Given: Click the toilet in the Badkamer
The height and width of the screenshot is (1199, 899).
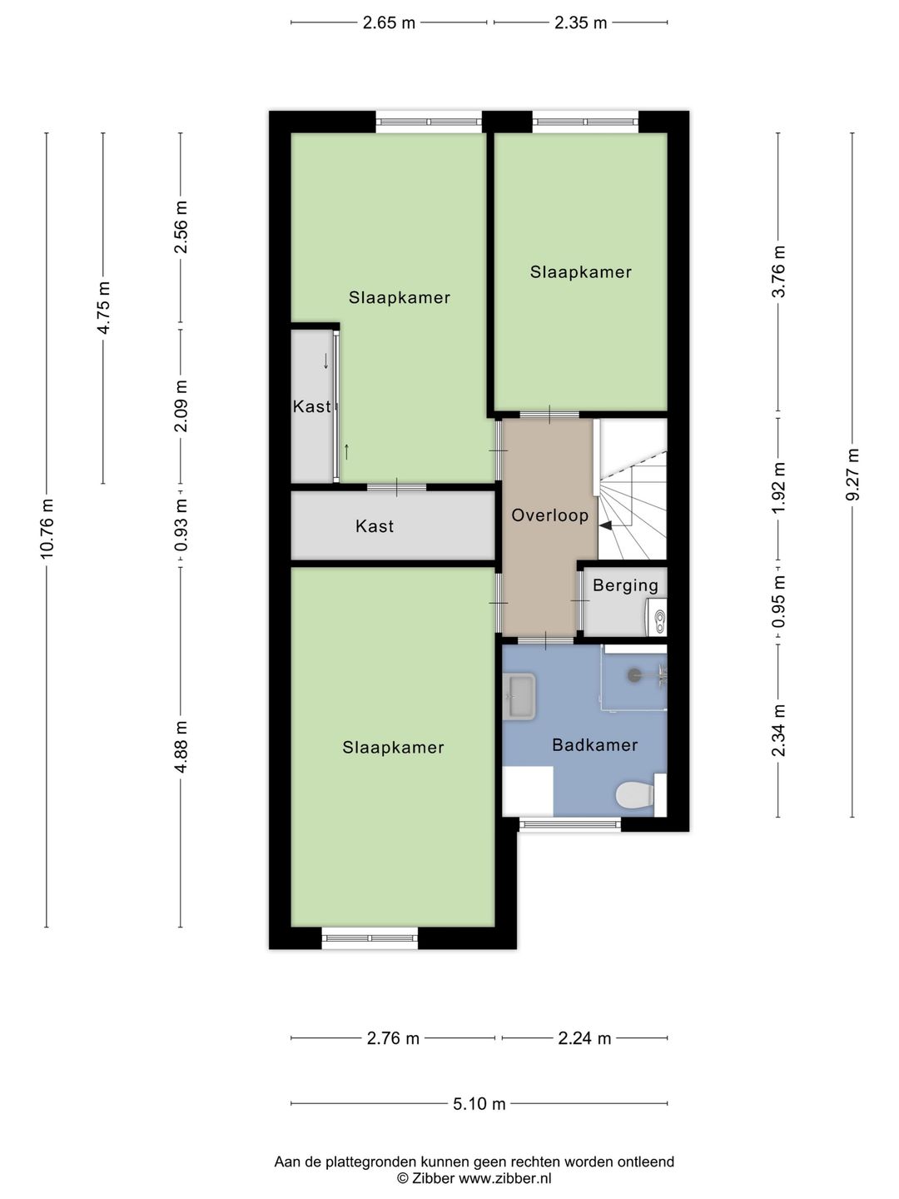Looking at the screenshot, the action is pos(638,795).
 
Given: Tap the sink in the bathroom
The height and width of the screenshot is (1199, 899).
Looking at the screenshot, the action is pos(519,696).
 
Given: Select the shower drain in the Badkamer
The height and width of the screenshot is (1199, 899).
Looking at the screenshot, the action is pos(633,675).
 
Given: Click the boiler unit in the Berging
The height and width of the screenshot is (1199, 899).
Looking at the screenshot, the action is pos(657,617).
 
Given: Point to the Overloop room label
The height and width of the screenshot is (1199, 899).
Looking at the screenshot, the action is pos(549,515).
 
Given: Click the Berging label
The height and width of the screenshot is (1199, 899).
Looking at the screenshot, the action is pos(625,585).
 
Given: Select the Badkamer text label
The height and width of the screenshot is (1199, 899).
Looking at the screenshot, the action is pos(595,744).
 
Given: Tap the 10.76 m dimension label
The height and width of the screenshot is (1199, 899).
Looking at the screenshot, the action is pos(47,529).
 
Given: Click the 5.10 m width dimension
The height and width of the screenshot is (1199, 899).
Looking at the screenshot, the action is pos(479,1103).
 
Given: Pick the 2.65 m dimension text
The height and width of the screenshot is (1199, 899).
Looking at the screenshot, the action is pos(390,23).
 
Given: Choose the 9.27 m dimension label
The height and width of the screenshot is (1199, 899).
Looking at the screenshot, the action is pos(852,474).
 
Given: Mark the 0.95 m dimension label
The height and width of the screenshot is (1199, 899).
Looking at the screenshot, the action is pos(779,602).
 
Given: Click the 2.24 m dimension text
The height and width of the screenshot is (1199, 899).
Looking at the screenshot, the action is pos(584,1037).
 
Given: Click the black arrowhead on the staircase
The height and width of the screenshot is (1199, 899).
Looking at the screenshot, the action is pos(607,525).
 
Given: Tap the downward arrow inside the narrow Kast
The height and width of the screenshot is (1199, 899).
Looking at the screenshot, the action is pos(325,361).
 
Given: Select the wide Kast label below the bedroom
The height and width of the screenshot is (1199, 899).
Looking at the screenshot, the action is pos(375,526).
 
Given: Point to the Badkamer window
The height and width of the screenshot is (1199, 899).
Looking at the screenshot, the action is pos(570,824).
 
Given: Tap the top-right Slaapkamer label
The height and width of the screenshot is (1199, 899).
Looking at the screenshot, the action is pos(581,272).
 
